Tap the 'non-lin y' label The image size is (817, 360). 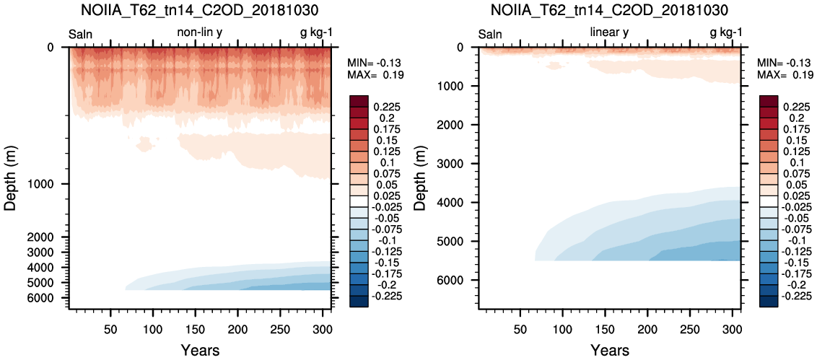(x=200, y=33)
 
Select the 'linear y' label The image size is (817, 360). (x=609, y=33)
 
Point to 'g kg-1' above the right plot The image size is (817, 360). (x=726, y=34)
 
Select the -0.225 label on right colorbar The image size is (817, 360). (x=792, y=297)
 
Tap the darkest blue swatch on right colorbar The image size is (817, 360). (x=767, y=302)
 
